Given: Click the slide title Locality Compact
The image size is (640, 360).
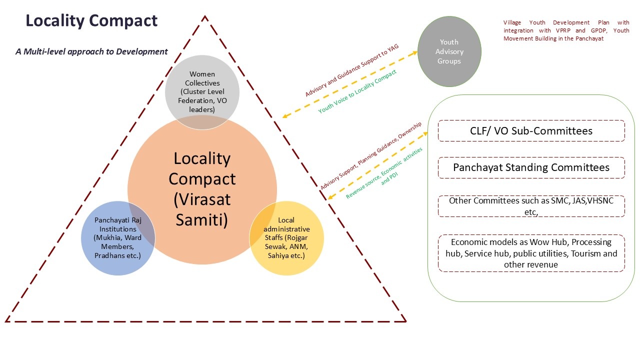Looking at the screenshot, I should [91, 21].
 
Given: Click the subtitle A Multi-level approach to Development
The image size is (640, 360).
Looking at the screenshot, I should [91, 51].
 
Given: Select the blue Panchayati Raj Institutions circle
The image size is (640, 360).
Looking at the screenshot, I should [118, 238].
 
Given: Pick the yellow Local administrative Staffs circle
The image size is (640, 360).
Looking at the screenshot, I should [286, 238].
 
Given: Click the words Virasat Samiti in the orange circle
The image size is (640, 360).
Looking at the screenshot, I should [202, 209].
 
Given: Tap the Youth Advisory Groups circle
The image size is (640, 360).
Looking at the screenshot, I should [449, 51].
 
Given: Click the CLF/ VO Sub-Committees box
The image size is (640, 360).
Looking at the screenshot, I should [531, 131].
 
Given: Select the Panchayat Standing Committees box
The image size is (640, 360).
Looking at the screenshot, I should [531, 167].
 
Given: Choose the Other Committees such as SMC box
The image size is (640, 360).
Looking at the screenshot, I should [531, 206].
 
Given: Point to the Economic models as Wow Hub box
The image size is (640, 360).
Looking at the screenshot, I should [531, 253].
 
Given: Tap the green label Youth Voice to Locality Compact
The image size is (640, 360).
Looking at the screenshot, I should [357, 91].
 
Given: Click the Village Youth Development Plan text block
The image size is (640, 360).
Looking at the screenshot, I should [566, 30].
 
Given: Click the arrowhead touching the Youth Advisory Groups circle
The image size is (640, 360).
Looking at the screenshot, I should [416, 52].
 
